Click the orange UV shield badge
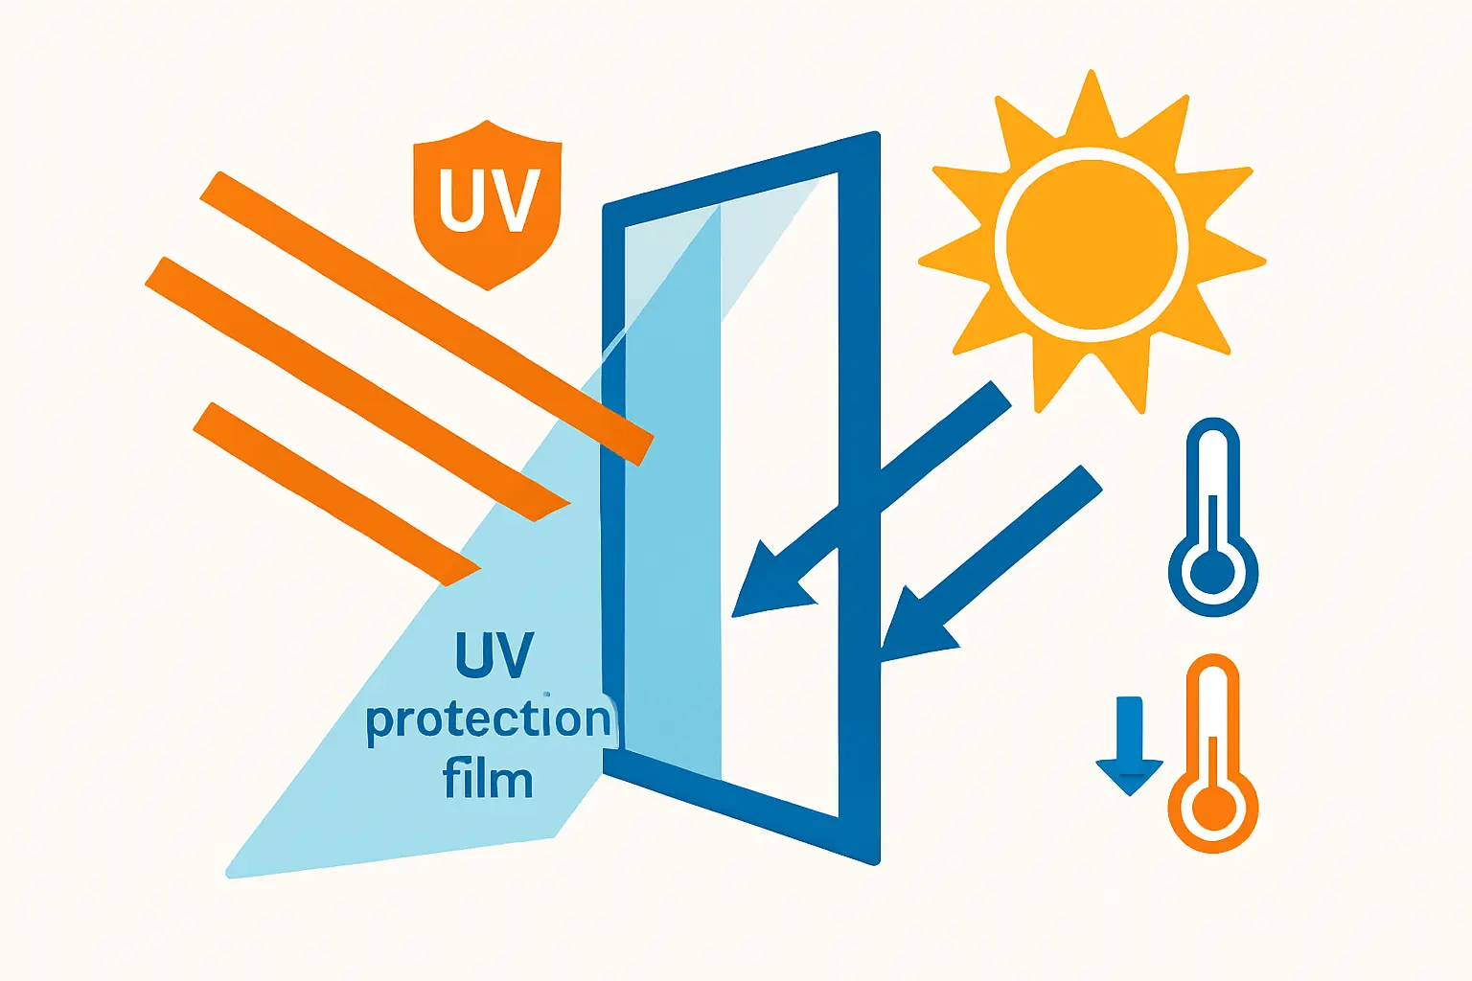tap(487, 204)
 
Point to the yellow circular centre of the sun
tap(1091, 244)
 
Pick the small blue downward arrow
tap(1130, 745)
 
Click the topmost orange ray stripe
tap(427, 319)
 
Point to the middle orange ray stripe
tap(357, 389)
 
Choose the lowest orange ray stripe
tap(337, 494)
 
